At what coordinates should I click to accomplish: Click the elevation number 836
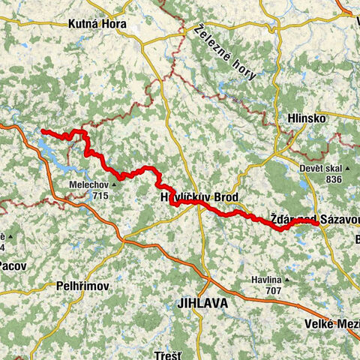pyautogui.click(x=334, y=179)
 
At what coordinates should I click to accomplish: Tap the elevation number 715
pyautogui.click(x=100, y=196)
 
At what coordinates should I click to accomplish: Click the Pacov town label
pyautogui.click(x=12, y=265)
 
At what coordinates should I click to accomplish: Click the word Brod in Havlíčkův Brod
pyautogui.click(x=225, y=197)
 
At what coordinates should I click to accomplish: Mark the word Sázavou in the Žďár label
pyautogui.click(x=332, y=220)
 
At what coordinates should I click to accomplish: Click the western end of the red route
pyautogui.click(x=43, y=132)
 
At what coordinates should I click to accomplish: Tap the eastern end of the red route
pyautogui.click(x=313, y=221)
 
